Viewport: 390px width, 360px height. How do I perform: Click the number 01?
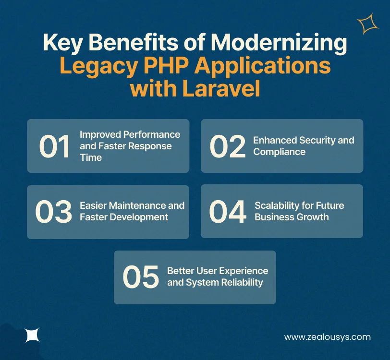tap(54, 146)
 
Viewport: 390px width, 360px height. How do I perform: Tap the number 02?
tap(228, 146)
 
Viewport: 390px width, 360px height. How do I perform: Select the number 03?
tap(53, 212)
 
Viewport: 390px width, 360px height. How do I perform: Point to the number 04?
tap(228, 212)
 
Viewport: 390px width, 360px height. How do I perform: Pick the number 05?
tap(140, 277)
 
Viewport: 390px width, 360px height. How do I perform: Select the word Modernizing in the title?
tap(279, 43)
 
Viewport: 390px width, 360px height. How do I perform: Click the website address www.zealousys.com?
tap(327, 336)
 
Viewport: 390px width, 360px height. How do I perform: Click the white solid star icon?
tap(32, 335)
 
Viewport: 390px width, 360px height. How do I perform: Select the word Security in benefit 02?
tap(317, 140)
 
